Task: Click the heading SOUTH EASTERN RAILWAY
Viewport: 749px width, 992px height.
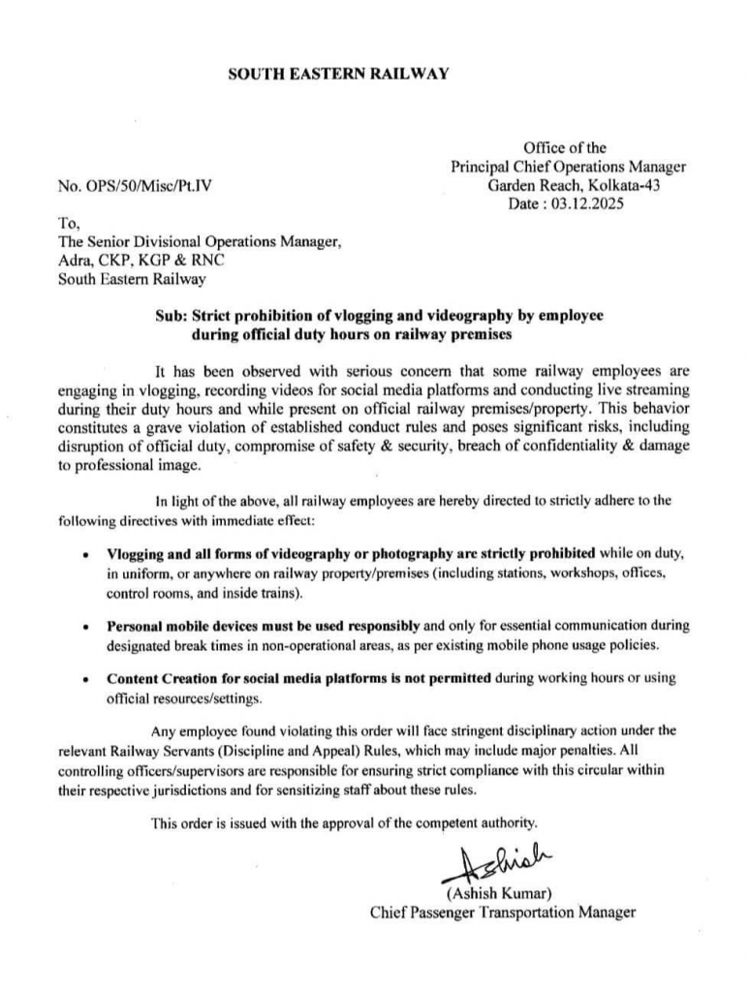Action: pyautogui.click(x=338, y=74)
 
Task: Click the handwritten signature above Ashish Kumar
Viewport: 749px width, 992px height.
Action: pyautogui.click(x=493, y=860)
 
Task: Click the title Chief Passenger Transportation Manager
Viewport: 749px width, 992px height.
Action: pyautogui.click(x=503, y=912)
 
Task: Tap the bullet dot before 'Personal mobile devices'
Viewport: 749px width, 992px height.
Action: pyautogui.click(x=87, y=626)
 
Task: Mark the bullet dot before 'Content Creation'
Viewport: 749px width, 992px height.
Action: pyautogui.click(x=87, y=678)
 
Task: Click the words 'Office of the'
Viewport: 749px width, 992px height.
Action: pyautogui.click(x=565, y=148)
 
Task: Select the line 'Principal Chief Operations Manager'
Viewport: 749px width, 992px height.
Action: pyautogui.click(x=569, y=167)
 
